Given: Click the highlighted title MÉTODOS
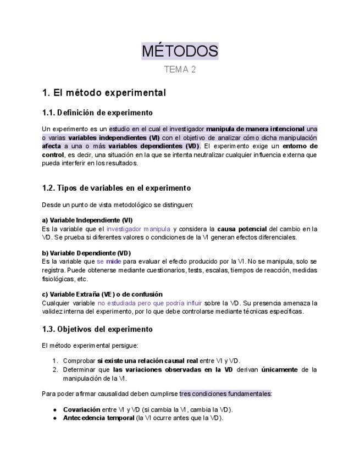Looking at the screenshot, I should pyautogui.click(x=180, y=51).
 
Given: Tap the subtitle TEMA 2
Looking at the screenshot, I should pyautogui.click(x=180, y=69).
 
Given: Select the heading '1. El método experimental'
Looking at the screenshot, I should pyautogui.click(x=104, y=92).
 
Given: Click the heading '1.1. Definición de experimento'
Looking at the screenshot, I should pyautogui.click(x=97, y=113).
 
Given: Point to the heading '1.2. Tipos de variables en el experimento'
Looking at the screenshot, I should pyautogui.click(x=117, y=188).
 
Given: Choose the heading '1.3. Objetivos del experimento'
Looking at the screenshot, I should pyautogui.click(x=97, y=329).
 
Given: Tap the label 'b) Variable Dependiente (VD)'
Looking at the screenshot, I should pyautogui.click(x=86, y=253).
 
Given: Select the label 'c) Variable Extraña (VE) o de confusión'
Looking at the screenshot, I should pyautogui.click(x=102, y=295).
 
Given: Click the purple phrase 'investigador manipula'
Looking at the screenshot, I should pyautogui.click(x=139, y=229).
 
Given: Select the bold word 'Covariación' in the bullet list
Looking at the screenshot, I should pyautogui.click(x=81, y=409).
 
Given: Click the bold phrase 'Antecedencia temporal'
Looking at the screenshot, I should pyautogui.click(x=99, y=418).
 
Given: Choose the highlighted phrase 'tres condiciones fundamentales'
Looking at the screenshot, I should pyautogui.click(x=225, y=393).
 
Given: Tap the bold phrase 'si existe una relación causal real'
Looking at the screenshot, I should pyautogui.click(x=148, y=361).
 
